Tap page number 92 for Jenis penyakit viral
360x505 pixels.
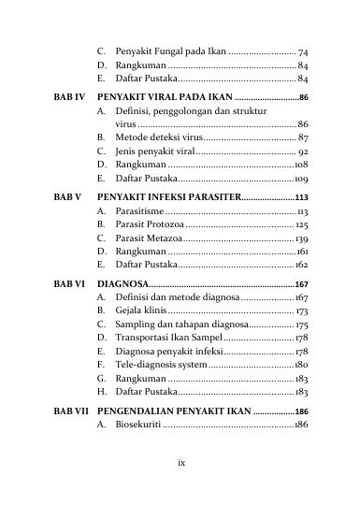pyautogui.click(x=303, y=151)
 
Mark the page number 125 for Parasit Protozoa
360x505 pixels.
pyautogui.click(x=302, y=225)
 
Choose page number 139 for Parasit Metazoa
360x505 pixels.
pyautogui.click(x=302, y=239)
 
